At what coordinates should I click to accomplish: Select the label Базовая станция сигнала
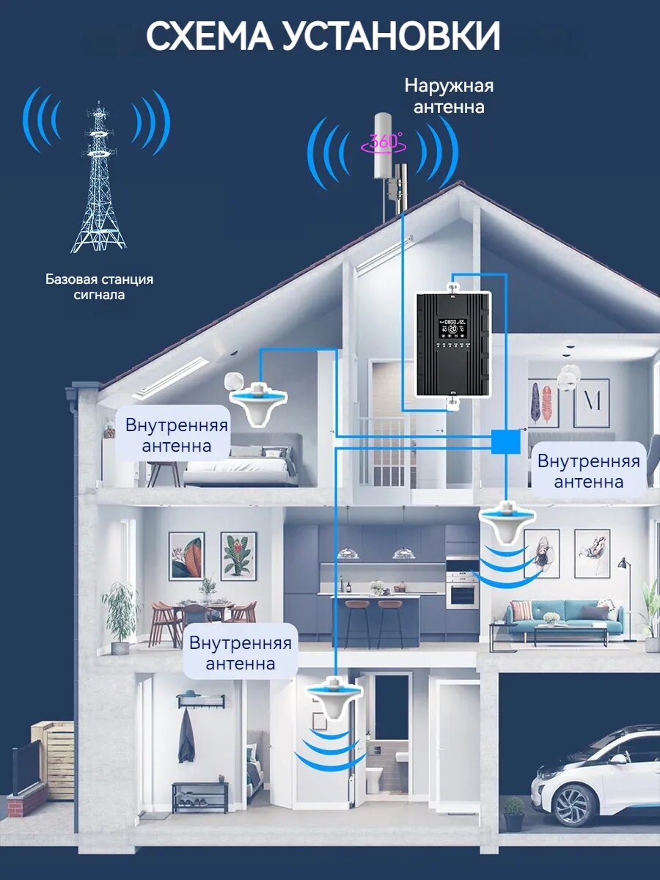(x=99, y=287)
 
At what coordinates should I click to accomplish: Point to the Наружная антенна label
(x=449, y=96)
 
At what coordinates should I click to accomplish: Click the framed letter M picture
(x=591, y=403)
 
